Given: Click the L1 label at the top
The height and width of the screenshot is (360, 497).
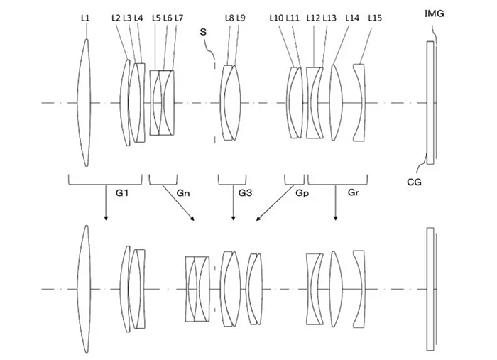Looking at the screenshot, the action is [x=85, y=18].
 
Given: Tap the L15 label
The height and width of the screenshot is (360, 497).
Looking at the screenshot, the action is [x=375, y=18].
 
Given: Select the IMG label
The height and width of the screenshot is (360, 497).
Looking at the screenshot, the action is [x=434, y=13].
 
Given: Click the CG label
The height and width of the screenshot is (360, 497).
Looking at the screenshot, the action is [x=414, y=182].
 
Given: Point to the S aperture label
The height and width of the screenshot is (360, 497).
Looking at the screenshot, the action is [x=203, y=32].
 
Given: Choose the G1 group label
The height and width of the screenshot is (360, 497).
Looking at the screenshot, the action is [x=122, y=192].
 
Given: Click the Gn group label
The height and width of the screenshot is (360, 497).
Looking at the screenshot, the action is [x=183, y=192].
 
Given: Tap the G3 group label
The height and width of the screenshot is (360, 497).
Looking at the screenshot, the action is [x=245, y=192].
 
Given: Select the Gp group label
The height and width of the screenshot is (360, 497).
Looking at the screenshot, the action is [x=302, y=193].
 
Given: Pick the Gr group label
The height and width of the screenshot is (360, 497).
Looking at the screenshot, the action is [x=353, y=192].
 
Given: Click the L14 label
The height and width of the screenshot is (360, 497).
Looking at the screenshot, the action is [x=352, y=18].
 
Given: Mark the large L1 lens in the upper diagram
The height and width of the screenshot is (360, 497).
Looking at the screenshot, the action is [x=84, y=103].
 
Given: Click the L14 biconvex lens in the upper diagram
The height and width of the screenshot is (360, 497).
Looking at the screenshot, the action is [x=336, y=102].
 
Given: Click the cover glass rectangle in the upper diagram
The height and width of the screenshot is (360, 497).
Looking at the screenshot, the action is [x=430, y=103].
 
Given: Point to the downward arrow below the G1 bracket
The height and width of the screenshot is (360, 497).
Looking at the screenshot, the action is [x=106, y=202].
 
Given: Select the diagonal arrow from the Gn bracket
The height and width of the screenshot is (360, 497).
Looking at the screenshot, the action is [x=178, y=202].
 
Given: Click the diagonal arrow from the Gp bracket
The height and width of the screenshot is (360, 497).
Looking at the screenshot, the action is [x=275, y=203].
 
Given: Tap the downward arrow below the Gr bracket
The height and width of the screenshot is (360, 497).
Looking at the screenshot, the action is [x=336, y=202].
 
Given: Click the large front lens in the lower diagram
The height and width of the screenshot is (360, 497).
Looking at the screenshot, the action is [x=84, y=289].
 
